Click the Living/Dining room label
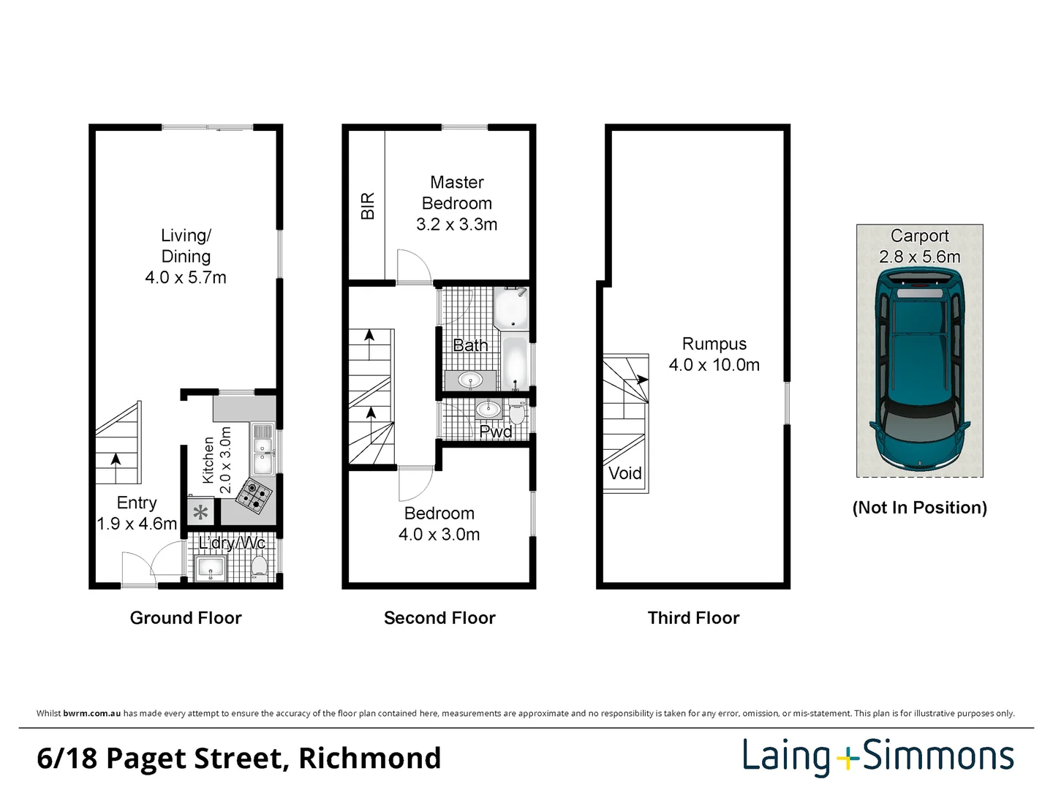[186, 246]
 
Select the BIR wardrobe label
[368, 206]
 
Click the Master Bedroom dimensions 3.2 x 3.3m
[457, 224]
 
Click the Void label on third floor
[625, 473]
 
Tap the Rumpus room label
[714, 344]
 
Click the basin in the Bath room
[471, 380]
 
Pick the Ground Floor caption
[186, 617]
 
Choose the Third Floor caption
[693, 617]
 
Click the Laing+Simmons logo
[878, 756]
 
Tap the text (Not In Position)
[920, 508]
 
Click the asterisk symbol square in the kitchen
[200, 512]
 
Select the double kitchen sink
[262, 449]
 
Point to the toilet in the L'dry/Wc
[259, 566]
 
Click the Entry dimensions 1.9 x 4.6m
[137, 523]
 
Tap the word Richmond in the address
[369, 758]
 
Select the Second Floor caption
[439, 617]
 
